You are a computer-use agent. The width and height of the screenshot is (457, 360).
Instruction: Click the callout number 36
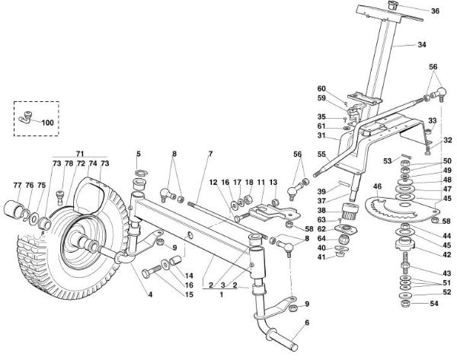click(435, 11)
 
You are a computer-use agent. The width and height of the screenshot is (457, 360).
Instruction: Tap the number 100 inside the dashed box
click(47, 122)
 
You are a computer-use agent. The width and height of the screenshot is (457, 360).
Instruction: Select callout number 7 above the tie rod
click(209, 154)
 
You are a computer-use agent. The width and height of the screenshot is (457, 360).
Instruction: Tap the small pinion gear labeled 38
click(351, 211)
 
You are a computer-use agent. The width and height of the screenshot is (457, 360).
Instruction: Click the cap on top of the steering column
click(396, 7)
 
